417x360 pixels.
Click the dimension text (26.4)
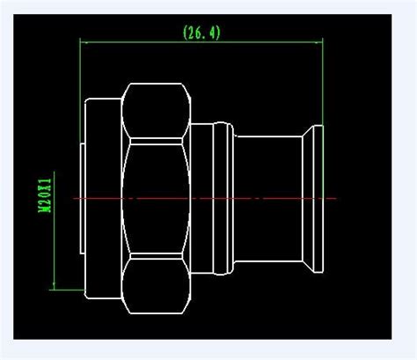tap(201, 32)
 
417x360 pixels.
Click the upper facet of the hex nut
tap(157, 111)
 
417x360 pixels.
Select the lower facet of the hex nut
tap(157, 284)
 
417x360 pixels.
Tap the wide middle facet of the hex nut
tap(157, 198)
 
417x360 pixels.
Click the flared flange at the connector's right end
tap(315, 198)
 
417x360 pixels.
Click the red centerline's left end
tap(76, 199)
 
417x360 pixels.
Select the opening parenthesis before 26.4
tap(186, 32)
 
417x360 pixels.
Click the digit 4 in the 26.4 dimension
tap(213, 32)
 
